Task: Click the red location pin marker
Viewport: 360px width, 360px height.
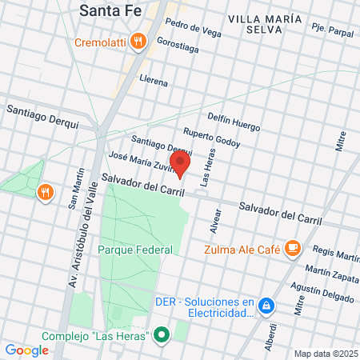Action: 182,163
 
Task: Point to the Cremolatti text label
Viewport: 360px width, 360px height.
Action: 102,42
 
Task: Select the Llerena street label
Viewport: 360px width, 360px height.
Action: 153,82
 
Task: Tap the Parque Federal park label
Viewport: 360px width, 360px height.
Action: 135,250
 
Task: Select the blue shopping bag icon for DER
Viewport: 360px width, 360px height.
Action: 267,306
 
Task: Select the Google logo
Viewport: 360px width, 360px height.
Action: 26,350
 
